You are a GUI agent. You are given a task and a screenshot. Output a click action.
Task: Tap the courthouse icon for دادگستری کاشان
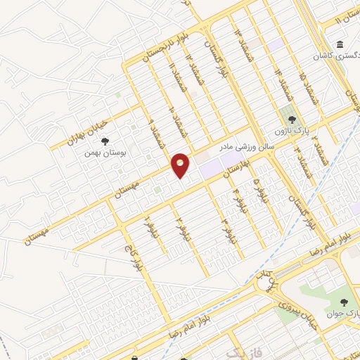340,44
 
